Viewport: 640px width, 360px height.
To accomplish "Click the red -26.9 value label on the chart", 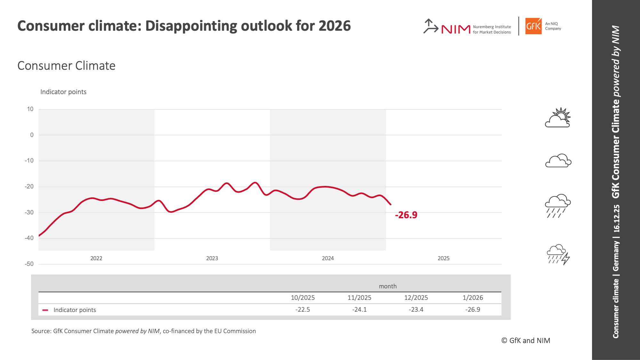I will click(x=406, y=215).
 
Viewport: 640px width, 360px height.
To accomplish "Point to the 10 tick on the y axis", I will click(x=30, y=109).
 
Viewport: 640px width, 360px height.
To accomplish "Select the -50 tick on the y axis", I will click(x=29, y=264).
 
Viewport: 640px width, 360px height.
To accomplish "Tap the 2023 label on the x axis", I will click(x=212, y=258).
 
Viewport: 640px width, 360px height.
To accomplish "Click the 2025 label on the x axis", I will click(x=443, y=258).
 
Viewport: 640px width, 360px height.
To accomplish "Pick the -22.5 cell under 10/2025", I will click(x=302, y=309).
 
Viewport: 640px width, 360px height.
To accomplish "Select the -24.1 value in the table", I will click(x=359, y=309).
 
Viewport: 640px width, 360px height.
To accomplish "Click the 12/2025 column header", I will click(x=416, y=298).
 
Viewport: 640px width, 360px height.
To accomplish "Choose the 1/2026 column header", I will click(x=473, y=298).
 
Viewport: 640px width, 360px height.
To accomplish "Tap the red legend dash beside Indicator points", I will click(x=45, y=310).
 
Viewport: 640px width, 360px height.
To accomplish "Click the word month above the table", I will click(x=388, y=286).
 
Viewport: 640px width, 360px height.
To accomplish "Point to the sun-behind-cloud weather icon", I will click(x=558, y=118).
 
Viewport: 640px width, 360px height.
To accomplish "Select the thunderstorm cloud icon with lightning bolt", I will click(x=558, y=255).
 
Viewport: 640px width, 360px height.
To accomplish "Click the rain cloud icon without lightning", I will click(x=557, y=206).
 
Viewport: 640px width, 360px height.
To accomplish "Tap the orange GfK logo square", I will click(x=533, y=26).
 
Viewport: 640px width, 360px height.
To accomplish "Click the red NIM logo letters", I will click(x=456, y=29).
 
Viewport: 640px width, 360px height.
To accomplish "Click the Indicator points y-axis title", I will click(x=63, y=92).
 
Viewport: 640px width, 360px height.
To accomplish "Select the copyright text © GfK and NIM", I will click(x=525, y=340).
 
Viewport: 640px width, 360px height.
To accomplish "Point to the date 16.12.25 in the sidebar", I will click(x=616, y=218).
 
